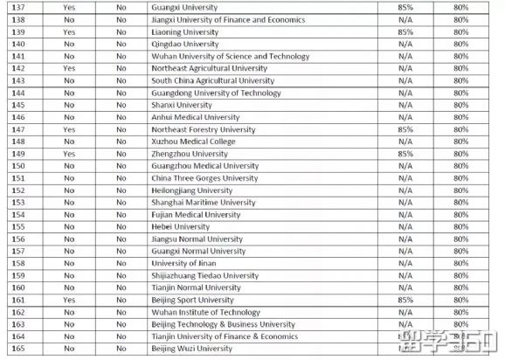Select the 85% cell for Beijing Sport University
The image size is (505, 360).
pyautogui.click(x=405, y=300)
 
